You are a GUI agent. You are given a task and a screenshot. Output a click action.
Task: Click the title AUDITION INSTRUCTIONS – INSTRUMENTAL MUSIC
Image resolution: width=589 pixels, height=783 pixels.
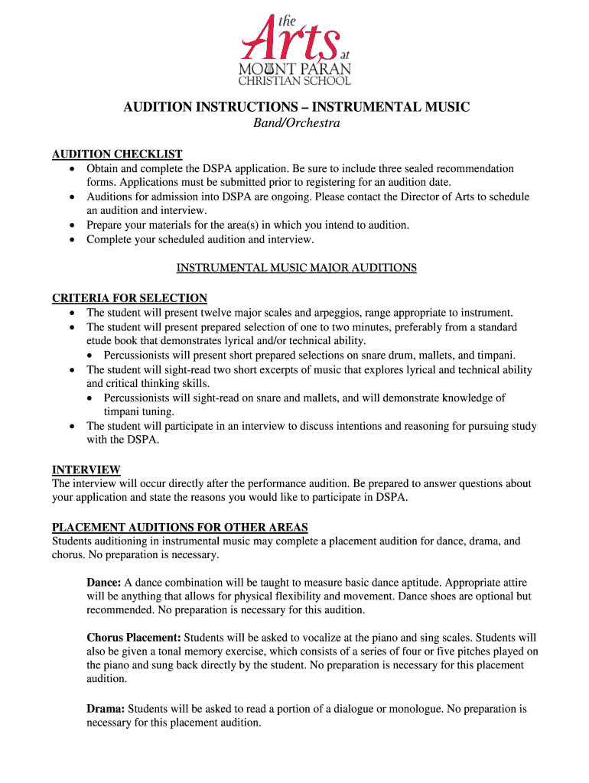click(297, 107)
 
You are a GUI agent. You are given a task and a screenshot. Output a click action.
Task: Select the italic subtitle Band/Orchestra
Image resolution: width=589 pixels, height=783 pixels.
click(296, 123)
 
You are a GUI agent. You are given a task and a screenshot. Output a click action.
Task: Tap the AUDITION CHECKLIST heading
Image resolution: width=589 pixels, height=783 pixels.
click(117, 154)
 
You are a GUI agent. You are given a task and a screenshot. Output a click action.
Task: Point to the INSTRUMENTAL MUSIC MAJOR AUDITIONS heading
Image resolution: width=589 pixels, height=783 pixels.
click(297, 268)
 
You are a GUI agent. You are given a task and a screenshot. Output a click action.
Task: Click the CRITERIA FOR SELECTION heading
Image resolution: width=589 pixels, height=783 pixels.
click(129, 298)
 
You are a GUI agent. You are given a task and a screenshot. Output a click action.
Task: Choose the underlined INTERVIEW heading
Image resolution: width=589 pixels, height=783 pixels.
click(86, 469)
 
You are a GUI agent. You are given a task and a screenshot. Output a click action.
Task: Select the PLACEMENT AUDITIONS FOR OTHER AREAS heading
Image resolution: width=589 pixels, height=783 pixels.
click(180, 527)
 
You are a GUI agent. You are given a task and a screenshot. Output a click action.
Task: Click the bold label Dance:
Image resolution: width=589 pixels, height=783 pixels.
click(104, 583)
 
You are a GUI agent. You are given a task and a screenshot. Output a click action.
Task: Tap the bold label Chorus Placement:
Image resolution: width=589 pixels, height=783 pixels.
click(134, 638)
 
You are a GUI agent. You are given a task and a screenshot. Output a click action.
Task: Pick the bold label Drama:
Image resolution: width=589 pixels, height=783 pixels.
click(106, 709)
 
